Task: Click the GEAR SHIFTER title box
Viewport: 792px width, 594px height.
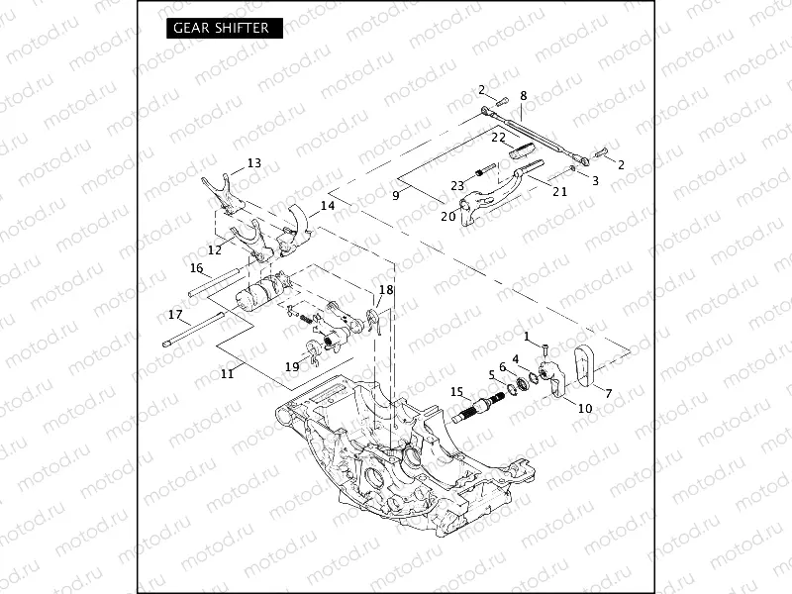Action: tap(221, 28)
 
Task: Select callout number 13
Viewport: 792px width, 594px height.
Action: tap(254, 163)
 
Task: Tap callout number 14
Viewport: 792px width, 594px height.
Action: tap(328, 206)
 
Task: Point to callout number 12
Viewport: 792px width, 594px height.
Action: tap(215, 249)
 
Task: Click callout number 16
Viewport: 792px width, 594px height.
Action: tap(196, 267)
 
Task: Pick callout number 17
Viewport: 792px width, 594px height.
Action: tap(175, 315)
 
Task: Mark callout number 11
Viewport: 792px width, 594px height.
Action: tap(227, 373)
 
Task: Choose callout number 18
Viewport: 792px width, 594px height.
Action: tap(386, 289)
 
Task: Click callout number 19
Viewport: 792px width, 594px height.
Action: tap(292, 366)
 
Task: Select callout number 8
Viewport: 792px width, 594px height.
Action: tap(523, 96)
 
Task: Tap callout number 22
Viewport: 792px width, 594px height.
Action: tap(499, 137)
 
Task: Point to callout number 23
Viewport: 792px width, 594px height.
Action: tap(457, 185)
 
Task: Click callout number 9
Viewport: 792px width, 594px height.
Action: tap(395, 195)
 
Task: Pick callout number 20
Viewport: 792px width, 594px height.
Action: tap(447, 215)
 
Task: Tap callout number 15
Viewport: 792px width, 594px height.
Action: tap(456, 392)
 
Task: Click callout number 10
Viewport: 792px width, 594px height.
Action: tap(584, 408)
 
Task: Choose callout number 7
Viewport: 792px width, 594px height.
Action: tap(608, 393)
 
